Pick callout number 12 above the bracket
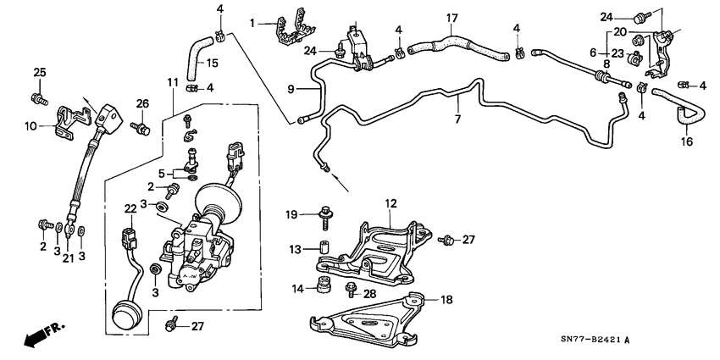tap(390, 202)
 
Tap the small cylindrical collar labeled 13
tap(322, 251)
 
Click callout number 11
tap(172, 82)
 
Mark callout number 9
tap(291, 88)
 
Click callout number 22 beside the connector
tap(130, 208)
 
